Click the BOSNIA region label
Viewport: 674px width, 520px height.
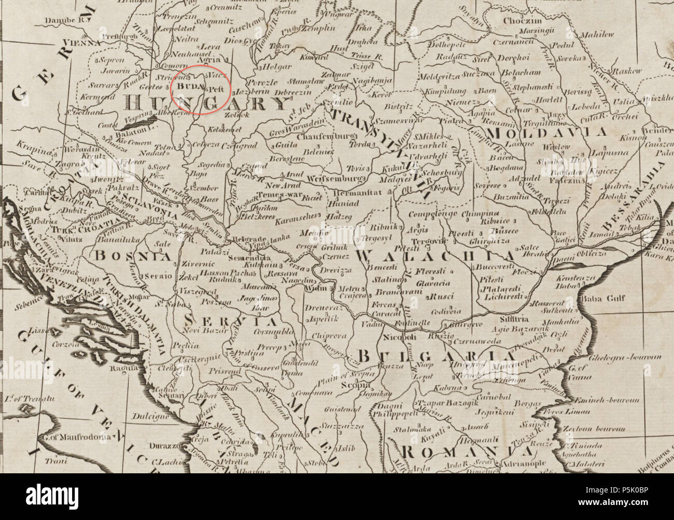click(132, 255)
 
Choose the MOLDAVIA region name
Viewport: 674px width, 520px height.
click(555, 133)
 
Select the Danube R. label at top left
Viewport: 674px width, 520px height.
click(65, 19)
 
